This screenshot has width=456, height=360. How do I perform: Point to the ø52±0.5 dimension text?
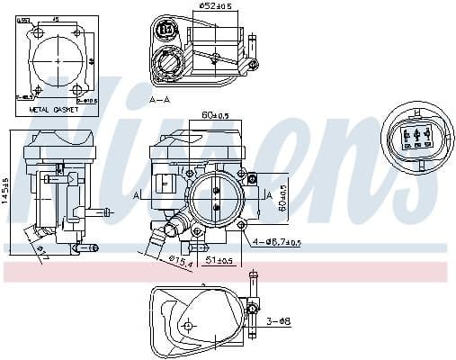pos(212,7)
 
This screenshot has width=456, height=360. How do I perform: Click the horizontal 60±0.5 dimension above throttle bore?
pos(217,116)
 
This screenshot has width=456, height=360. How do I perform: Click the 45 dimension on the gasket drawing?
pos(56,18)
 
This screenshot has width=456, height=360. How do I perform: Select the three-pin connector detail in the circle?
pos(417,136)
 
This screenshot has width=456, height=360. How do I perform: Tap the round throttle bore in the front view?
pos(217,194)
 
